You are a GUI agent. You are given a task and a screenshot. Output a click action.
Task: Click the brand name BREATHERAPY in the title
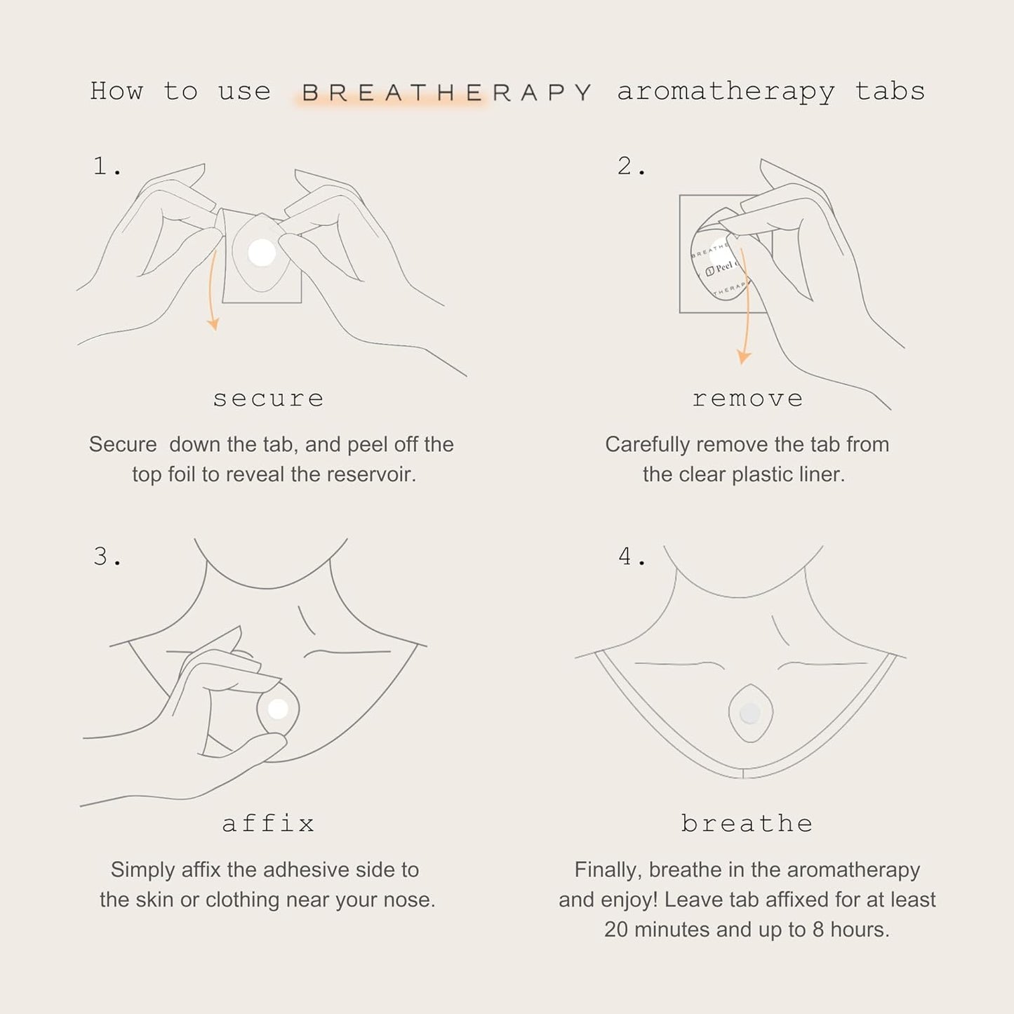(447, 93)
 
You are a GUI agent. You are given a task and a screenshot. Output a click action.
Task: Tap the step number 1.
(107, 166)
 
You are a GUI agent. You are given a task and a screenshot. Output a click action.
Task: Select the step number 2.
(632, 166)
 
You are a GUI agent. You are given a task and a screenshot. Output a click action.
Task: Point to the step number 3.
(107, 556)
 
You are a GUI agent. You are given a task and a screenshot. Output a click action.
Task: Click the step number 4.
(632, 556)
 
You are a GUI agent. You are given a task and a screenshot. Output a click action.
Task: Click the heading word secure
(268, 399)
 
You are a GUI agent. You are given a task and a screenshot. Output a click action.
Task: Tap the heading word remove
(748, 399)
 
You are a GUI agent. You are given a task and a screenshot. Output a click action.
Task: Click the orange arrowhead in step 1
(213, 323)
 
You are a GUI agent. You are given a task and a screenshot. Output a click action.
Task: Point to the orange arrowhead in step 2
(744, 356)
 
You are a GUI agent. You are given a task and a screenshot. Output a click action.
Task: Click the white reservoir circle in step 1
(262, 253)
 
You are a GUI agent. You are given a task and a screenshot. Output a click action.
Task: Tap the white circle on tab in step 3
(278, 709)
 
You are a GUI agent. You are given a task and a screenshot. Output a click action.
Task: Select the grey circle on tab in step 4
(750, 714)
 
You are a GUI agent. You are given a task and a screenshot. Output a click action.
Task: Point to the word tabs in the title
(890, 91)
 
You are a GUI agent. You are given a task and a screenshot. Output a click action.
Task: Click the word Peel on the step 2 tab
(724, 267)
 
